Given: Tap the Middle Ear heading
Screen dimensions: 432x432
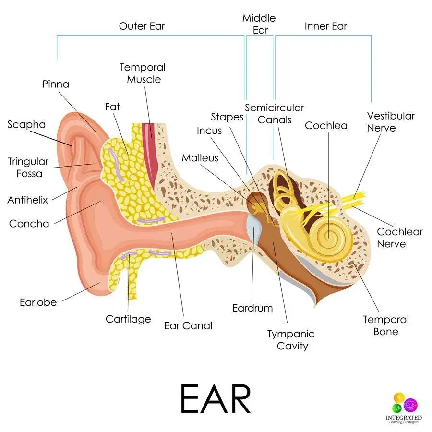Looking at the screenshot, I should [x=259, y=24].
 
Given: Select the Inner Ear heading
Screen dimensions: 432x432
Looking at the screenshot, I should [x=325, y=25].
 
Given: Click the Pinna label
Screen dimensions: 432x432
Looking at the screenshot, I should [x=56, y=84].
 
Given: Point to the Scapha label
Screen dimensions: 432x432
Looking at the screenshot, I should [x=26, y=125].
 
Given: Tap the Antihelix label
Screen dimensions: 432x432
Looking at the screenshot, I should [x=27, y=200].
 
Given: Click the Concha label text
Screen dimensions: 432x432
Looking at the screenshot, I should [x=29, y=224].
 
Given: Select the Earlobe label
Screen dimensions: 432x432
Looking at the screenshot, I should [x=38, y=302].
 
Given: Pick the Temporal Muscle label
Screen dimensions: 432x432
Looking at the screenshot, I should [x=142, y=73].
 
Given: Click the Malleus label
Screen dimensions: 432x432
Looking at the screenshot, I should [x=200, y=158].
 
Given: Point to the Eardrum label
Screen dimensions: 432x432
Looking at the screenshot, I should [x=252, y=308].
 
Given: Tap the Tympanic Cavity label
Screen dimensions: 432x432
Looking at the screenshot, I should [x=291, y=340].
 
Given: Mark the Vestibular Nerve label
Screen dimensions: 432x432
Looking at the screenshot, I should [x=390, y=122].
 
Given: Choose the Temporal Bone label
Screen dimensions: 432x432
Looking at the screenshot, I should [x=385, y=325].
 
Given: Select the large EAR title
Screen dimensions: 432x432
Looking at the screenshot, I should [x=216, y=398].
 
